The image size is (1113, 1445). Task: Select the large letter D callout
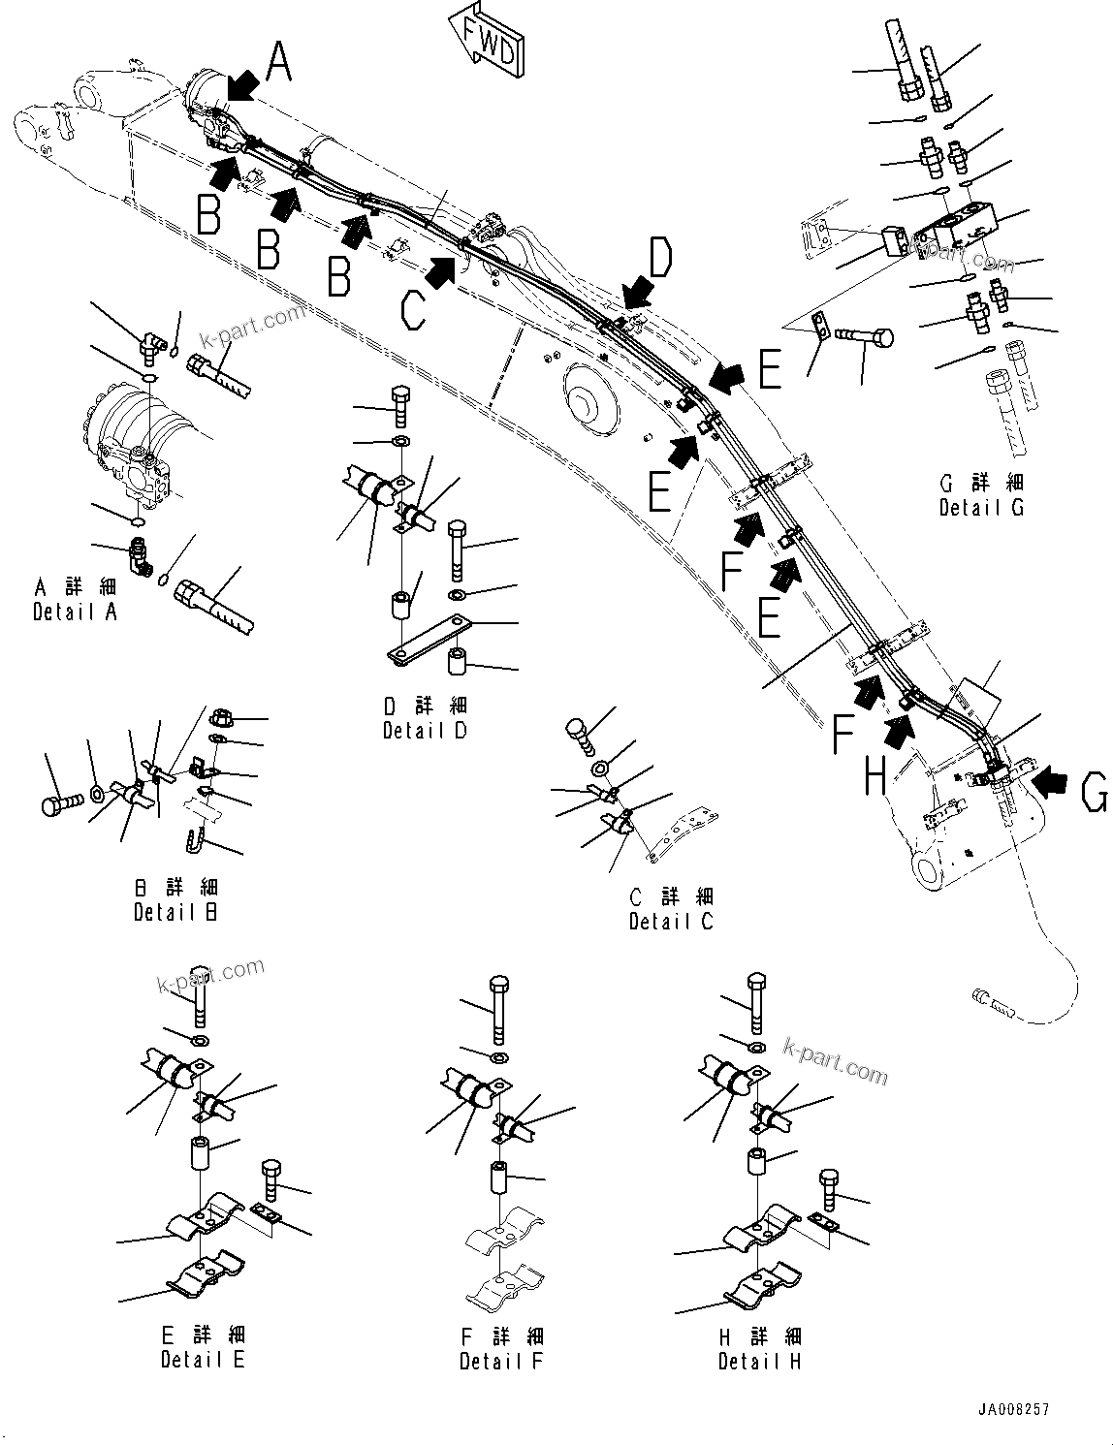click(x=660, y=259)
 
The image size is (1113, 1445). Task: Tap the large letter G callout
click(x=1094, y=795)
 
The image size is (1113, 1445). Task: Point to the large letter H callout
click(x=874, y=775)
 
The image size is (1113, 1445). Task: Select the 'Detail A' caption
click(x=75, y=612)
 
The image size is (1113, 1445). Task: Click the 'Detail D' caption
click(x=425, y=730)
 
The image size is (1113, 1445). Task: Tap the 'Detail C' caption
click(x=670, y=922)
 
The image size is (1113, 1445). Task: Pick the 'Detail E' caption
click(x=203, y=1359)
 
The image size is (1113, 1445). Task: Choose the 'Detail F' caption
click(x=501, y=1361)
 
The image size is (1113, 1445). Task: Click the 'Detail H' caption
click(x=759, y=1361)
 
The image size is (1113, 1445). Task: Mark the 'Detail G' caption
click(x=981, y=506)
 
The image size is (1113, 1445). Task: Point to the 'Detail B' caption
click(x=175, y=911)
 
